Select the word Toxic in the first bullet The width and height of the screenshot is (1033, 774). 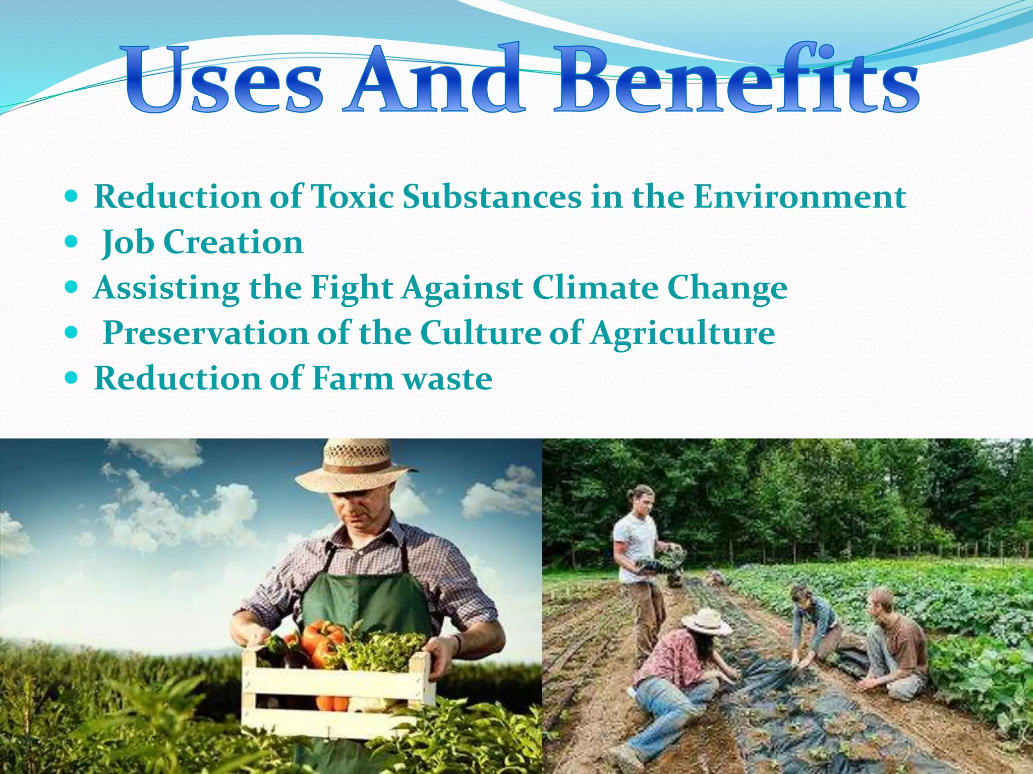pos(352,196)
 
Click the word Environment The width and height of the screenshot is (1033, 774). pos(799,196)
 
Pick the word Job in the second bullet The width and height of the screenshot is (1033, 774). pos(128,242)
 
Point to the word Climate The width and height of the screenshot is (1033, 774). pos(595,288)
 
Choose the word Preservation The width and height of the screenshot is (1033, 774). pos(206,333)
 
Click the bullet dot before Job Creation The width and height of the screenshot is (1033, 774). pos(72,242)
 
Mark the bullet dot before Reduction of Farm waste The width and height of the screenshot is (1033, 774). pos(72,378)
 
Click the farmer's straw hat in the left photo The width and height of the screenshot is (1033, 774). pos(356,466)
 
